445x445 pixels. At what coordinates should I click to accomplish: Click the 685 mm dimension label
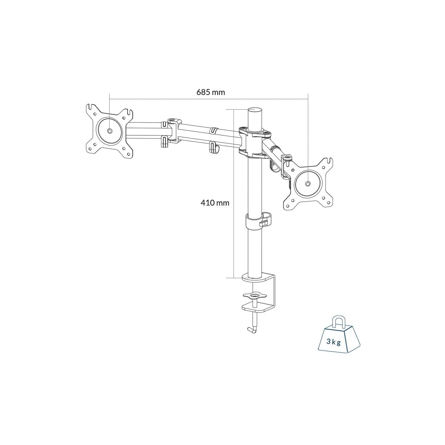click(211, 92)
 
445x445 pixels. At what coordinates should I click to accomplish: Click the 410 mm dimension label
click(215, 203)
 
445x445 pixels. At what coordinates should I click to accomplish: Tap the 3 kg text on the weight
click(334, 342)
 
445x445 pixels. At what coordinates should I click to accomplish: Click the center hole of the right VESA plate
click(307, 184)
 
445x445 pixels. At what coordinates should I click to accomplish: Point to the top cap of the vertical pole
click(255, 110)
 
